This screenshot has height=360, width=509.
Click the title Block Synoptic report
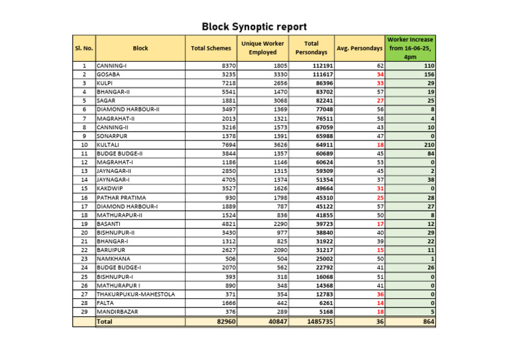tap(254, 27)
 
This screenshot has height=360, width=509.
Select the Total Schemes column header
tap(211, 48)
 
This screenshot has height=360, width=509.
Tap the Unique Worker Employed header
tap(262, 48)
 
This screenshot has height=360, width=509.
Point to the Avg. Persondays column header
tap(360, 48)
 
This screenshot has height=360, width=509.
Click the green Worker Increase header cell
tap(410, 48)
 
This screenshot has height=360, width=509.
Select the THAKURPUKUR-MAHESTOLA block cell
tap(136, 294)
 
